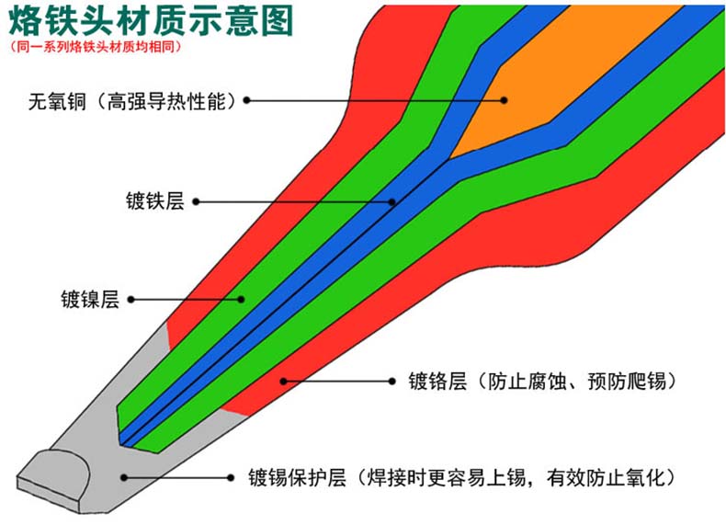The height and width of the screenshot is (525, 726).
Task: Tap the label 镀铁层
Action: pyautogui.click(x=155, y=201)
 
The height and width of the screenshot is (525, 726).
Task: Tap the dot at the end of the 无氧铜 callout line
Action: pyautogui.click(x=504, y=99)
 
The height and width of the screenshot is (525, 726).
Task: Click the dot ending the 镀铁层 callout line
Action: pyautogui.click(x=392, y=200)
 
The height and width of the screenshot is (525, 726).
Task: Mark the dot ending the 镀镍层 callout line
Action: pyautogui.click(x=242, y=299)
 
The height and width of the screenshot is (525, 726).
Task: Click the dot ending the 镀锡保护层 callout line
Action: pyautogui.click(x=124, y=477)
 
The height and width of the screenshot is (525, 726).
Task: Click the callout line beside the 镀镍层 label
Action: pyautogui.click(x=184, y=299)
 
